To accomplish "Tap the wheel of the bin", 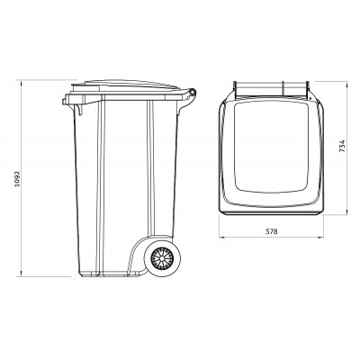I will click(x=164, y=260).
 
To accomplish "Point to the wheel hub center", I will click(x=164, y=260).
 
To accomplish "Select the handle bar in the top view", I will click(x=271, y=88).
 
